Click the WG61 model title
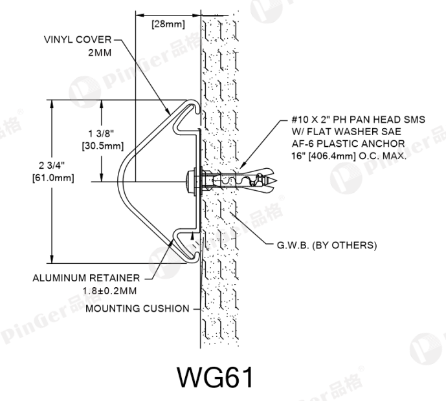point(215,378)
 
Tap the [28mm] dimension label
point(168,24)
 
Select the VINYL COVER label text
point(78,39)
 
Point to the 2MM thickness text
point(100,52)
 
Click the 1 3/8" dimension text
point(101,133)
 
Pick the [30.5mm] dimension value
point(103,146)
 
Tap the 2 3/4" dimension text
point(52,165)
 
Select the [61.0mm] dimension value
point(53,178)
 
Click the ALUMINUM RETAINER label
point(86,277)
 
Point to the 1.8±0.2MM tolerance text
point(109,291)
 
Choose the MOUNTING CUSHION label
point(137,309)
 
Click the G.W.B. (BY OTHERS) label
point(327,245)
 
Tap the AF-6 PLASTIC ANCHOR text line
point(348,144)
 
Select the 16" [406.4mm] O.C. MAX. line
point(349,156)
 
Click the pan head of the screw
point(190,182)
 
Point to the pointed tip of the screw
point(275,180)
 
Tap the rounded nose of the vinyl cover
point(120,182)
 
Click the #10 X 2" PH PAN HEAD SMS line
point(358,120)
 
